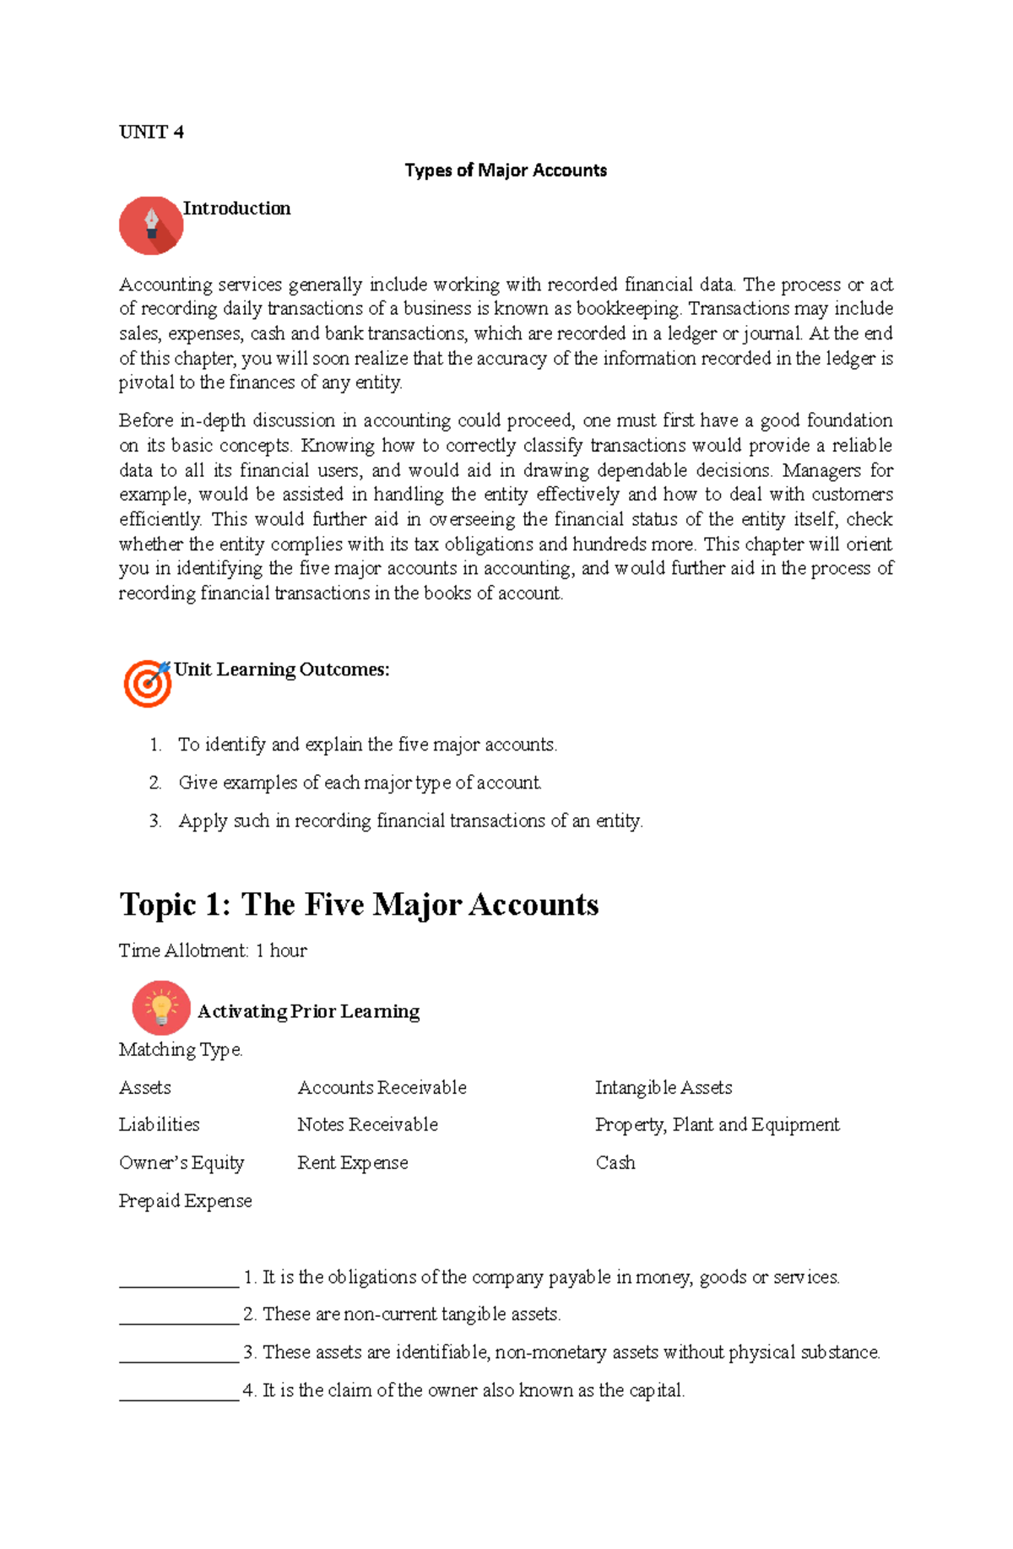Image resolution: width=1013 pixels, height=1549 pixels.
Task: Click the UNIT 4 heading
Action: pos(151,132)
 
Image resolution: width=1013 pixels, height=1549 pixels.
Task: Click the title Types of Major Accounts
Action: pos(506,171)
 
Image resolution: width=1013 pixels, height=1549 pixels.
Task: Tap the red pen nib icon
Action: pos(151,225)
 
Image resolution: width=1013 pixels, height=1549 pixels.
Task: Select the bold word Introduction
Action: pos(236,209)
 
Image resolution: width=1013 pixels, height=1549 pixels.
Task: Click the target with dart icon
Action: pos(147,683)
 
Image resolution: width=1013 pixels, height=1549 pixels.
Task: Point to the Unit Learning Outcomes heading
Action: pos(281,669)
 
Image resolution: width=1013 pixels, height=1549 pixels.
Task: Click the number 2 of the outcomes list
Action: pos(155,783)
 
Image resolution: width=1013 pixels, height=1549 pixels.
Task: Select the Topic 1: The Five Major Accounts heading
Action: pos(359,904)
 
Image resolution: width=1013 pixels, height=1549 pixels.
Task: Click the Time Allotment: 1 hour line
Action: pos(213,951)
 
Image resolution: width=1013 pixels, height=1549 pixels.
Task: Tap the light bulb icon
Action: pos(160,1008)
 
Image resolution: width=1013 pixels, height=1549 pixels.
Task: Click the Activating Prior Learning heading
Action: pos(308,1011)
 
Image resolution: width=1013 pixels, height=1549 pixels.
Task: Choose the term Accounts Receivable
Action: pos(382,1087)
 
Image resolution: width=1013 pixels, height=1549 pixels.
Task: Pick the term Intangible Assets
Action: pos(664,1087)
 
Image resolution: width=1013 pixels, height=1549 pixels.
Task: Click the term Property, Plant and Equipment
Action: pos(717,1124)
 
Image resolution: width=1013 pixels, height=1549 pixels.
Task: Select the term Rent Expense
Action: pos(352,1162)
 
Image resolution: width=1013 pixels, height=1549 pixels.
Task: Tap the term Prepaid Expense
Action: pos(185,1200)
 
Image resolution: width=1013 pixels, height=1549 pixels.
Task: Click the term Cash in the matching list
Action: pos(615,1162)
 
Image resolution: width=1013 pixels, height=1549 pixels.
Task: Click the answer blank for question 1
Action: pos(179,1279)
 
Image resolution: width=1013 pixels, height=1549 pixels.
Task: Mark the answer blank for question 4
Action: pos(179,1392)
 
